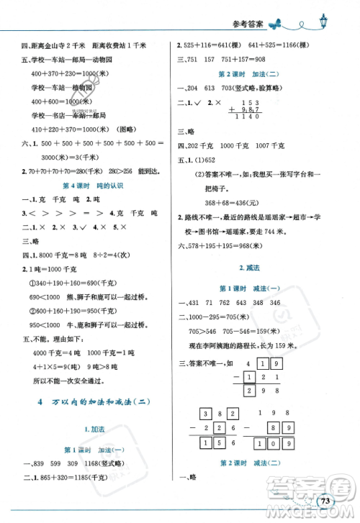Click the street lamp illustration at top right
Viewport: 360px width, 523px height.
(323, 23)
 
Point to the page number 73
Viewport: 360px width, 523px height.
(326, 501)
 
